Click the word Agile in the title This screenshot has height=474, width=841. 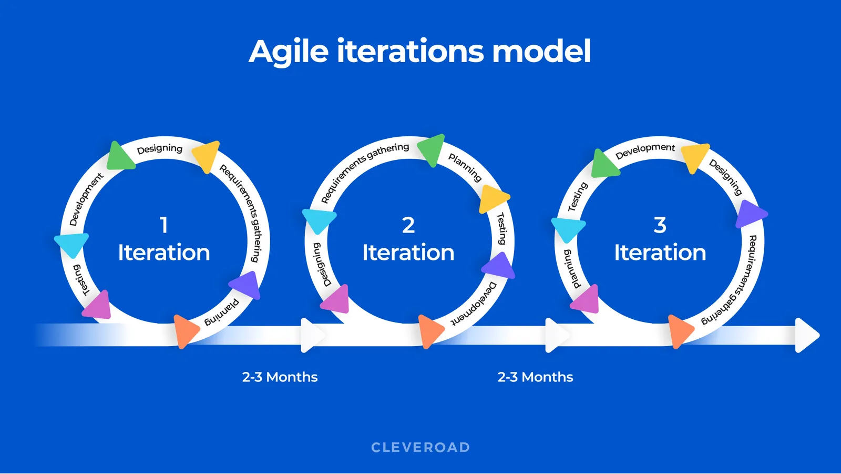coord(289,52)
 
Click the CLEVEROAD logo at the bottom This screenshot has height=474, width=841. coord(420,448)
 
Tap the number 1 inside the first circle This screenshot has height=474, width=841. coord(163,225)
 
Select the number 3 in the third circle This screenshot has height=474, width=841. coord(660,225)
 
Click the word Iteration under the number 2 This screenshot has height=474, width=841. coord(408,253)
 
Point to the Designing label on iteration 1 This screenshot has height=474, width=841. coord(160,149)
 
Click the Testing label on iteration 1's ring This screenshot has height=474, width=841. coord(80,280)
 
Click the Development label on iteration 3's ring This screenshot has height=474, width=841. coord(645,151)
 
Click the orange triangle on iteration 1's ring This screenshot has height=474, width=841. coord(184,331)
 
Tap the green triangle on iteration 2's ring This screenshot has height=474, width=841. coord(432,149)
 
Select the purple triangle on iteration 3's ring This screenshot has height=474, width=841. coord(750,214)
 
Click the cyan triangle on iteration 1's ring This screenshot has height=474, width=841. coord(71,244)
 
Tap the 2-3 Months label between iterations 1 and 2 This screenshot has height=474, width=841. coord(280,377)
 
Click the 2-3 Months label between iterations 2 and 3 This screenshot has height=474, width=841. coord(535,377)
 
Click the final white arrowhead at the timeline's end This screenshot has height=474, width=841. coord(806,335)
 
